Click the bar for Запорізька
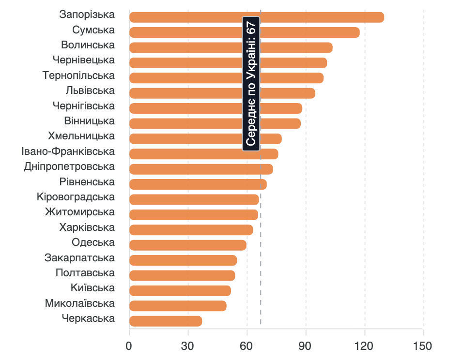click(257, 17)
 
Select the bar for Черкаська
click(166, 321)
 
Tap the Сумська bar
click(245, 32)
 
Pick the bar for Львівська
click(222, 93)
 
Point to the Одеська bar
click(188, 245)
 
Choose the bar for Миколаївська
click(178, 306)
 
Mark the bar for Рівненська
click(198, 184)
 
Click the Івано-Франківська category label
click(68, 151)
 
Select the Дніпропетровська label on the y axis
click(69, 166)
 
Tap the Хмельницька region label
click(81, 136)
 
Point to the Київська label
click(93, 288)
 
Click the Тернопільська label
click(78, 75)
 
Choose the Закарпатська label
click(79, 257)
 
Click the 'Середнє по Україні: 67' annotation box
click(251, 83)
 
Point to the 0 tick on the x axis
click(129, 346)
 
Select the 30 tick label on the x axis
click(188, 346)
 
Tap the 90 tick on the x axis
click(306, 346)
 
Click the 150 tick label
click(423, 346)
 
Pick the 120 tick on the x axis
click(364, 346)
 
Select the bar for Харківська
click(191, 230)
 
